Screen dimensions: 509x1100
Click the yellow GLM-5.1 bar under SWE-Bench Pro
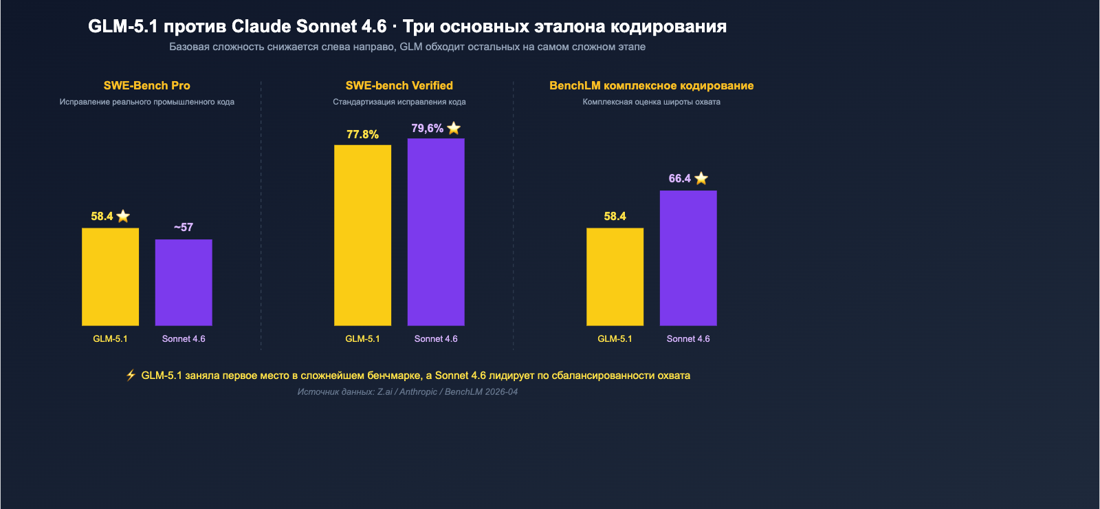(x=110, y=277)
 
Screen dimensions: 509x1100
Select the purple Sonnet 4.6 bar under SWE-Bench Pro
(x=184, y=282)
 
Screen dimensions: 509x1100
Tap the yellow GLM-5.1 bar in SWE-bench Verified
(x=362, y=235)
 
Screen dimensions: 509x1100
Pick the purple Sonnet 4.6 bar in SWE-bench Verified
(x=436, y=232)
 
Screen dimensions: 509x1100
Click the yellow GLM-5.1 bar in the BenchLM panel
(x=615, y=277)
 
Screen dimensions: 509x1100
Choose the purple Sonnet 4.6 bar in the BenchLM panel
(x=688, y=258)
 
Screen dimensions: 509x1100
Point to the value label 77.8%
(x=362, y=135)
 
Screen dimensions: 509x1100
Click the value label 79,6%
(x=427, y=129)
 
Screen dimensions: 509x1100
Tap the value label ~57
(x=184, y=227)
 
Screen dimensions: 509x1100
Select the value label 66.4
(x=679, y=179)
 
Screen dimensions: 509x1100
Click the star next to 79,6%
(x=454, y=128)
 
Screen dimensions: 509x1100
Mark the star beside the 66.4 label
(x=701, y=178)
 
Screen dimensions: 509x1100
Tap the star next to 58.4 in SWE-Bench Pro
(x=123, y=216)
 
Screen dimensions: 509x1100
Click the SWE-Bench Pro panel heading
(x=146, y=85)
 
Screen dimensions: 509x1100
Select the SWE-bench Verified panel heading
(x=399, y=85)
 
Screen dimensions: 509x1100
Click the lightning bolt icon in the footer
(x=131, y=375)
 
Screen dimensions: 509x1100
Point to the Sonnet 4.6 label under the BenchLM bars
(x=688, y=338)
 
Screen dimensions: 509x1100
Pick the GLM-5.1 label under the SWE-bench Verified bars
(x=362, y=338)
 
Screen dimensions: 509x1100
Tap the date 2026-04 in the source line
(x=501, y=392)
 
